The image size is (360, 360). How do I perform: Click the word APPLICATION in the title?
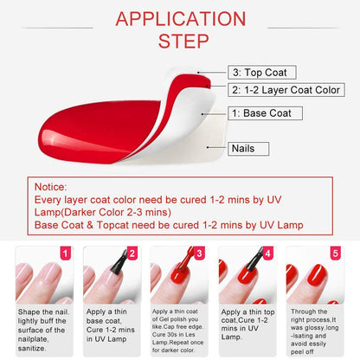click(180, 18)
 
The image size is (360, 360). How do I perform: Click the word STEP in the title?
click(180, 42)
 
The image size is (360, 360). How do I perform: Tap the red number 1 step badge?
click(62, 254)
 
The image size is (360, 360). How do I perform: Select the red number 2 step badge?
click(132, 254)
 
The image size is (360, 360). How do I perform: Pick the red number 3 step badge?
click(199, 254)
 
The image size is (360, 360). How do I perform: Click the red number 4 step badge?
click(267, 254)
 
